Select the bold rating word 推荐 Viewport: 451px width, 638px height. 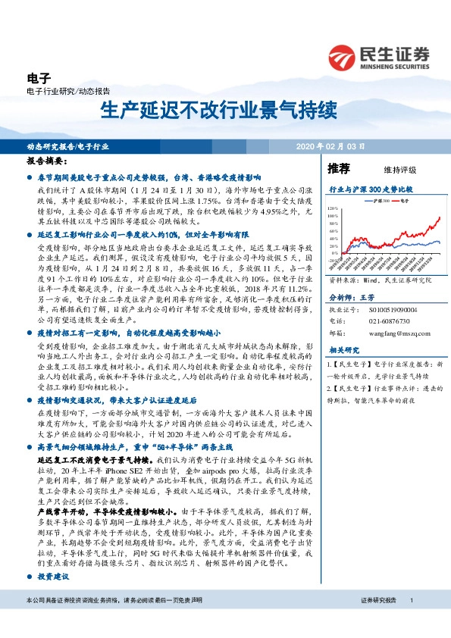[x=339, y=168]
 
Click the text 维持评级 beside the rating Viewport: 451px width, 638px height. [x=390, y=170]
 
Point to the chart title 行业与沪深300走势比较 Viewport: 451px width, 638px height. [x=369, y=187]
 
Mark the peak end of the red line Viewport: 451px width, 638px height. [x=440, y=217]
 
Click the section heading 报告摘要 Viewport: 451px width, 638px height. [x=48, y=162]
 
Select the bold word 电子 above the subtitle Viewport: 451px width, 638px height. [x=38, y=78]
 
